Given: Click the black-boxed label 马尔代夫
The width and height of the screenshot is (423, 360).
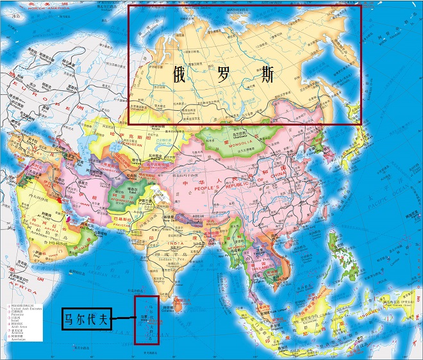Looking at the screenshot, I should tap(86, 318).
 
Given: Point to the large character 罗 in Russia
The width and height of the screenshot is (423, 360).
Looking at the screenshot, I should tap(222, 75).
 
